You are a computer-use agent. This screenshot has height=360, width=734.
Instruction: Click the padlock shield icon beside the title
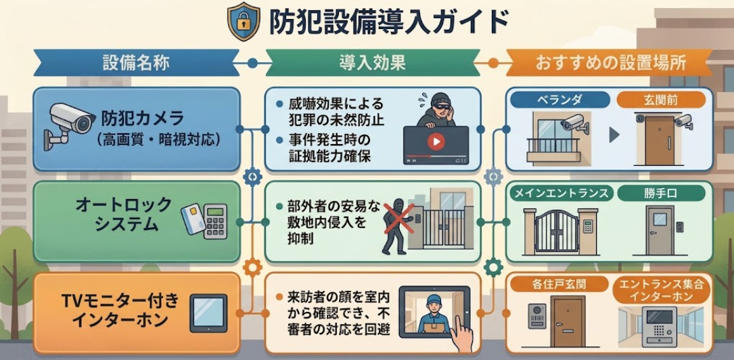(x=243, y=22)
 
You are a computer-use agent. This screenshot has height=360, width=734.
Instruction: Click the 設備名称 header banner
(x=137, y=63)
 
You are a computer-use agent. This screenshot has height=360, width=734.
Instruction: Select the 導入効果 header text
(x=372, y=63)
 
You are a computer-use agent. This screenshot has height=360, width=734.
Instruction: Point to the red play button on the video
(x=436, y=142)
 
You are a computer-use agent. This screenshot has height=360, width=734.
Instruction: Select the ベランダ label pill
(x=560, y=99)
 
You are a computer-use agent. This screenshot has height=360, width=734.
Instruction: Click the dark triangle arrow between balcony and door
(x=614, y=136)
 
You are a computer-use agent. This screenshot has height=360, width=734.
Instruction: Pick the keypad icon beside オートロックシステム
(x=216, y=221)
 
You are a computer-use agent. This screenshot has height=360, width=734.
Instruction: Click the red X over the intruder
(x=399, y=218)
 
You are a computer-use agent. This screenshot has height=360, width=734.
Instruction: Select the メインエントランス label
(x=561, y=193)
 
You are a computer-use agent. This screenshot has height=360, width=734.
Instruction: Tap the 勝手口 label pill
(x=661, y=193)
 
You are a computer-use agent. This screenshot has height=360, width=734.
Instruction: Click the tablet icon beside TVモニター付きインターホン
(x=208, y=313)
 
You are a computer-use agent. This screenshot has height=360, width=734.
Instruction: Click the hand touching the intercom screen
(x=462, y=334)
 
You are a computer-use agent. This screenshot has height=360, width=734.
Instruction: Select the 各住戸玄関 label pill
(x=560, y=284)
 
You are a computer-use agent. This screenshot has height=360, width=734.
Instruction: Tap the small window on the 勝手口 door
(x=660, y=219)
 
